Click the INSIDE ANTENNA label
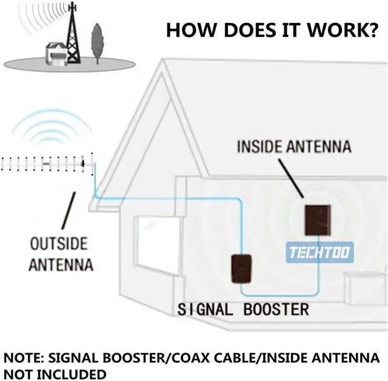click(293, 147)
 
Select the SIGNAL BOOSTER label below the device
click(243, 309)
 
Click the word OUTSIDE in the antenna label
click(59, 243)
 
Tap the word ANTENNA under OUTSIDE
click(61, 265)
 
